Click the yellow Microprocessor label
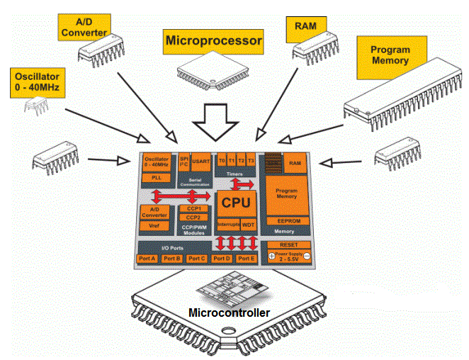213,40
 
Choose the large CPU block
236,202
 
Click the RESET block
287,244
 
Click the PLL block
156,178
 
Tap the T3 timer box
251,161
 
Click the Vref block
154,226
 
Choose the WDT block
248,224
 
